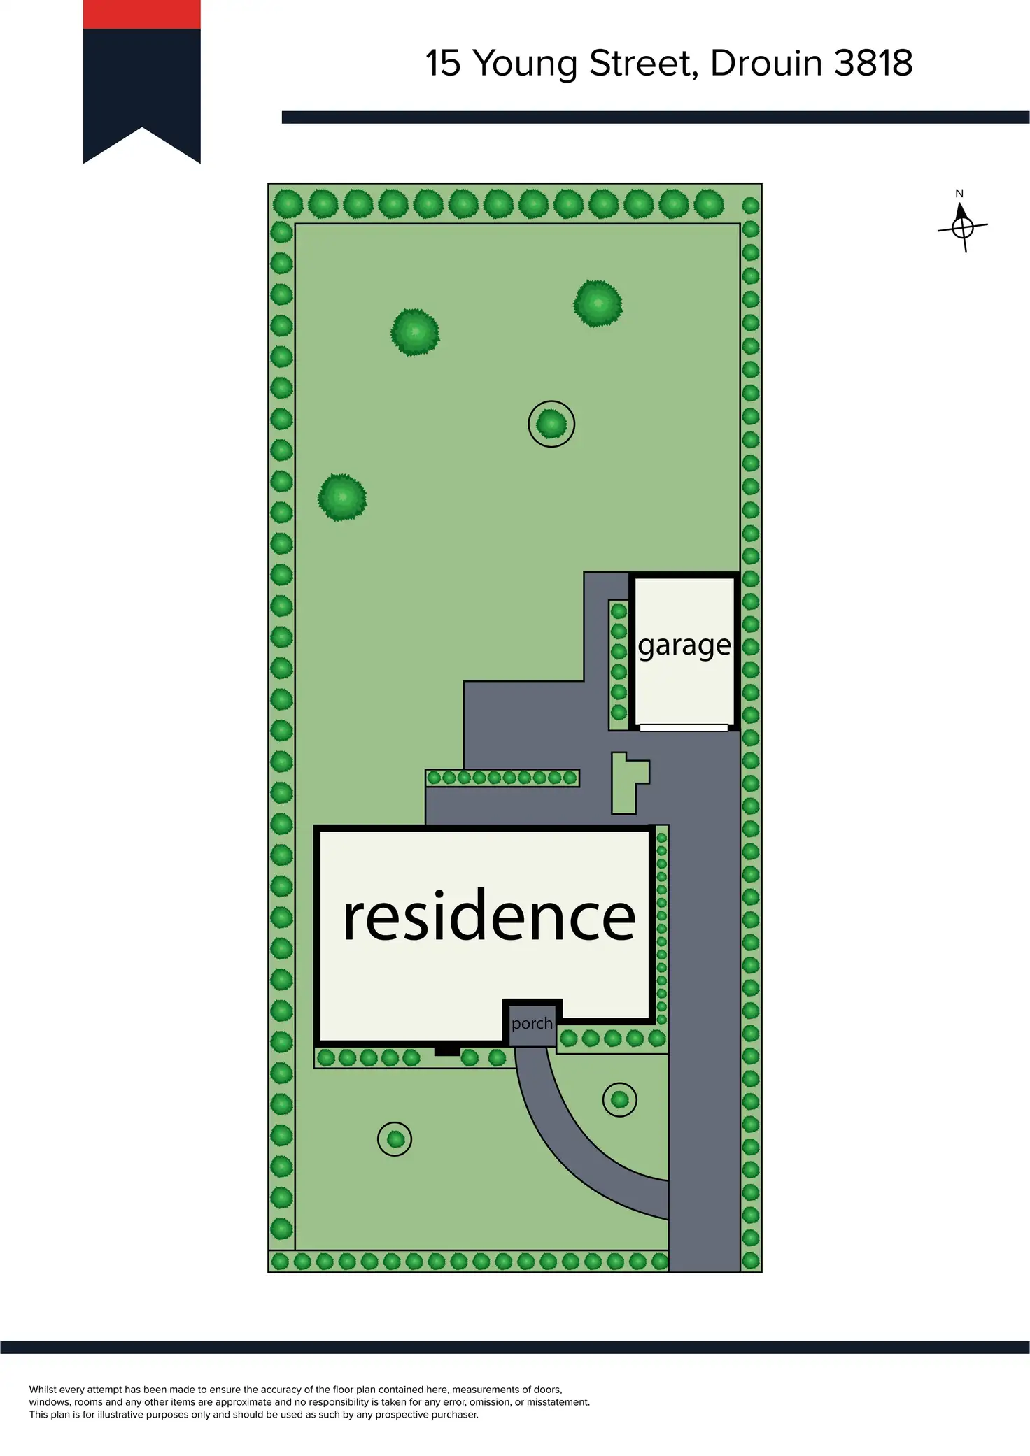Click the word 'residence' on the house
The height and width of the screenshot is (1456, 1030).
[x=489, y=916]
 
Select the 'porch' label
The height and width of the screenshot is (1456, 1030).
[x=532, y=1024]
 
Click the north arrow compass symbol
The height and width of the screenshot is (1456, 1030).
[x=963, y=227]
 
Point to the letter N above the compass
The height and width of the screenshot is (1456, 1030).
[x=959, y=194]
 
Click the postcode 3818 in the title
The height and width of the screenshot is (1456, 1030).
[x=873, y=64]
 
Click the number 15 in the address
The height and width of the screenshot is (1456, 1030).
[x=443, y=64]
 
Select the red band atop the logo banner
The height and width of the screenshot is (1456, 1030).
[x=141, y=14]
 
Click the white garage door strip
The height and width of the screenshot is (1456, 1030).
[x=684, y=728]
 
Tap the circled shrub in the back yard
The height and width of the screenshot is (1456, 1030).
[x=551, y=424]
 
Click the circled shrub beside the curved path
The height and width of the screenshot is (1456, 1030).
[x=619, y=1099]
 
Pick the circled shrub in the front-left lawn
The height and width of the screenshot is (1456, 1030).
[x=395, y=1139]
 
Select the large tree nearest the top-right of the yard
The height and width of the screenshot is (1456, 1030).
[x=598, y=304]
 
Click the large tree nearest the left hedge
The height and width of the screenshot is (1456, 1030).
[x=342, y=497]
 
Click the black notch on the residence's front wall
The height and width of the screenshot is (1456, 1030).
[x=447, y=1051]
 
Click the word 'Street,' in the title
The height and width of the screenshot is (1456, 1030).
[x=644, y=64]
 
